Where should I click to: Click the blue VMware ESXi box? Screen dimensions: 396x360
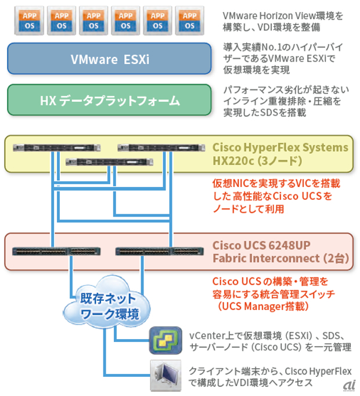tap(109, 59)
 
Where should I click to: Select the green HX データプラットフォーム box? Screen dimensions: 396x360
tap(109, 100)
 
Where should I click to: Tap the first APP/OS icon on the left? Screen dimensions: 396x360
tap(29, 21)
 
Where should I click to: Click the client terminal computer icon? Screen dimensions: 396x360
tap(163, 375)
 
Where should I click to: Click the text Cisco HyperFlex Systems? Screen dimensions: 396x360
tap(280, 147)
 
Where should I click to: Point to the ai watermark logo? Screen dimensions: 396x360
tap(349, 386)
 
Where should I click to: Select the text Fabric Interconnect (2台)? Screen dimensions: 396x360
tap(280, 258)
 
